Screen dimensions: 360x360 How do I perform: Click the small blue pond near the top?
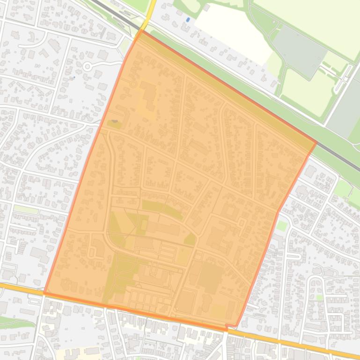tap(188, 20)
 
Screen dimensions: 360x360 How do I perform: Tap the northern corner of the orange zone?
tap(141, 31)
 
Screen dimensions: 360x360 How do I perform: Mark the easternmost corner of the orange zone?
tap(316, 143)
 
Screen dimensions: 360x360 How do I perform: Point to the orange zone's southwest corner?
tap(45, 294)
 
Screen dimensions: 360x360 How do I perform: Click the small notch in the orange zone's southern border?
tap(227, 327)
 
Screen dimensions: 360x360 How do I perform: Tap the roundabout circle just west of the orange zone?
tap(87, 67)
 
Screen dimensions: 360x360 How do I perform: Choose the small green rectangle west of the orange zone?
tap(26, 209)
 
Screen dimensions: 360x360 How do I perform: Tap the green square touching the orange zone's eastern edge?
tap(282, 226)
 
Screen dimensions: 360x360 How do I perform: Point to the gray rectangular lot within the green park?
tap(300, 51)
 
